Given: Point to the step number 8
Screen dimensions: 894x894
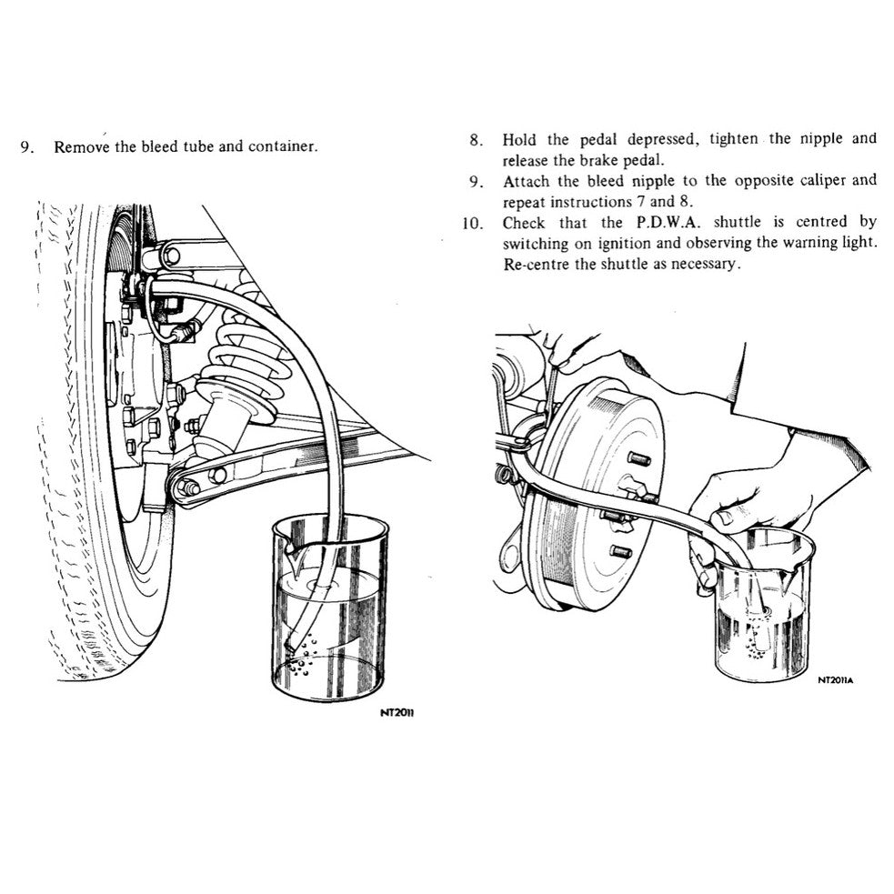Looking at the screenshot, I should (475, 139).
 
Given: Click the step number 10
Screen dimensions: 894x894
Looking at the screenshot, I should (472, 222).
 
